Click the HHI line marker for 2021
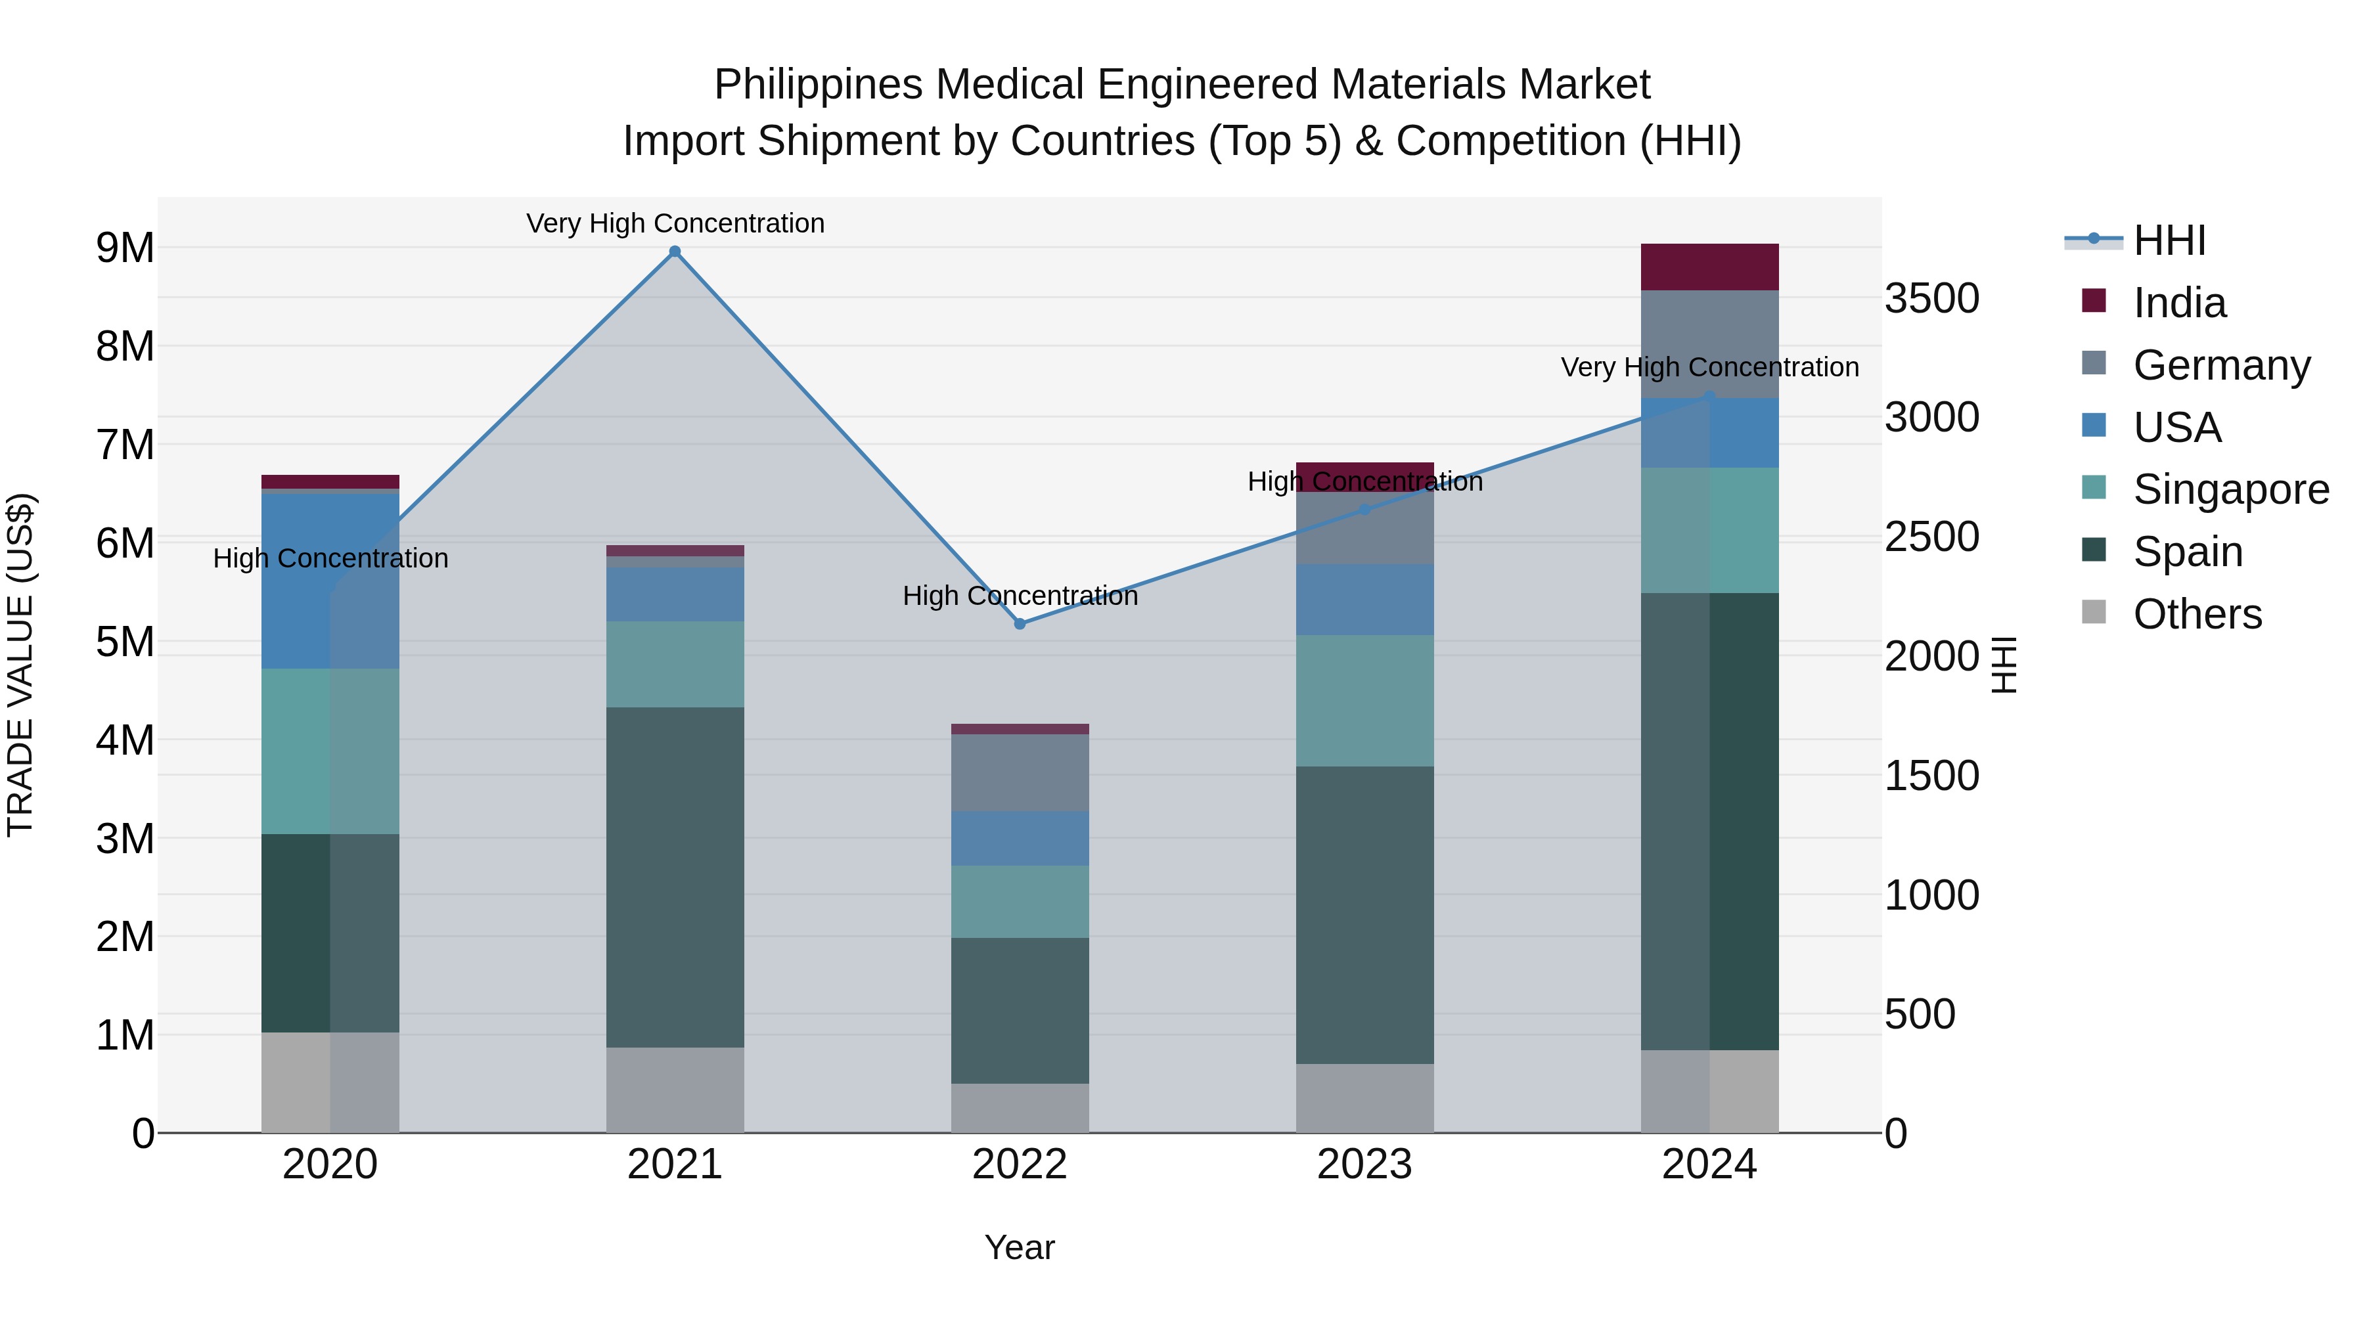pos(675,252)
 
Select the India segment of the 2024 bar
pos(1709,267)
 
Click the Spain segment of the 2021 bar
pos(675,877)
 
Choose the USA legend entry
pos(2176,428)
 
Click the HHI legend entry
pos(2169,240)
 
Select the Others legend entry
pos(2196,614)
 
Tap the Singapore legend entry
pos(2229,489)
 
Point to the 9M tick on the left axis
pos(125,248)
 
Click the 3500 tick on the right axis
pos(1931,298)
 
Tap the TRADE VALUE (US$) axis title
pos(20,665)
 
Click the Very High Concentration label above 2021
pos(675,223)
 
